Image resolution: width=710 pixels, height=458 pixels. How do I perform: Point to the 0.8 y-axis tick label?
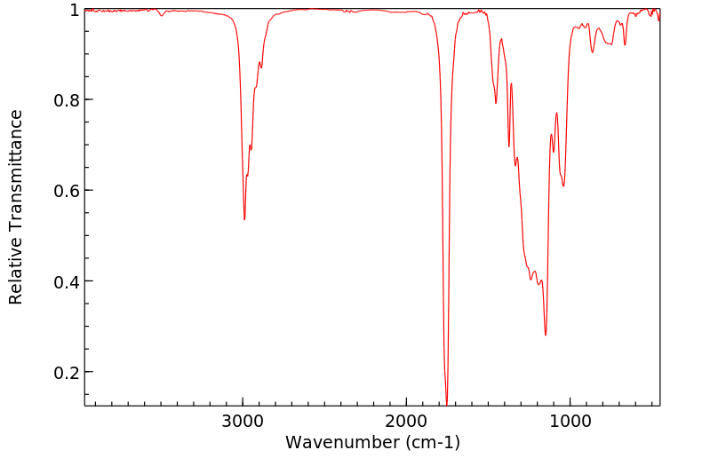click(x=67, y=100)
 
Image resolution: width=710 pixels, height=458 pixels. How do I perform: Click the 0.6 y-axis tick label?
click(x=67, y=191)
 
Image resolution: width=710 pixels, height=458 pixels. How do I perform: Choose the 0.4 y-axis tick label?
click(x=67, y=281)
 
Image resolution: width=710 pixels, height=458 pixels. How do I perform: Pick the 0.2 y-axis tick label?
click(x=67, y=372)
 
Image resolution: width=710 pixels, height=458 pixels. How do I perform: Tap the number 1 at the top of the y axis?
click(x=75, y=10)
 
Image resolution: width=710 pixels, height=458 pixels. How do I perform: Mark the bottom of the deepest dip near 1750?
click(x=446, y=401)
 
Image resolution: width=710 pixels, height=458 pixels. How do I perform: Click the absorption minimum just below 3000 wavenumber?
click(x=244, y=219)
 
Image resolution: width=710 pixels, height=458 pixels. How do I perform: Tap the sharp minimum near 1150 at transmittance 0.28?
click(x=546, y=335)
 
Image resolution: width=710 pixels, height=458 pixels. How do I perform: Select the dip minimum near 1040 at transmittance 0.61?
click(x=563, y=186)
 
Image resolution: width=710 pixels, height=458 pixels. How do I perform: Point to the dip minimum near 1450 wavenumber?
click(x=496, y=103)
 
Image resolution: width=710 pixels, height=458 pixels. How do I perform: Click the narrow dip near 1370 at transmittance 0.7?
click(x=509, y=146)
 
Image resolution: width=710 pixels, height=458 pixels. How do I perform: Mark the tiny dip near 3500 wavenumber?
click(x=161, y=15)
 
